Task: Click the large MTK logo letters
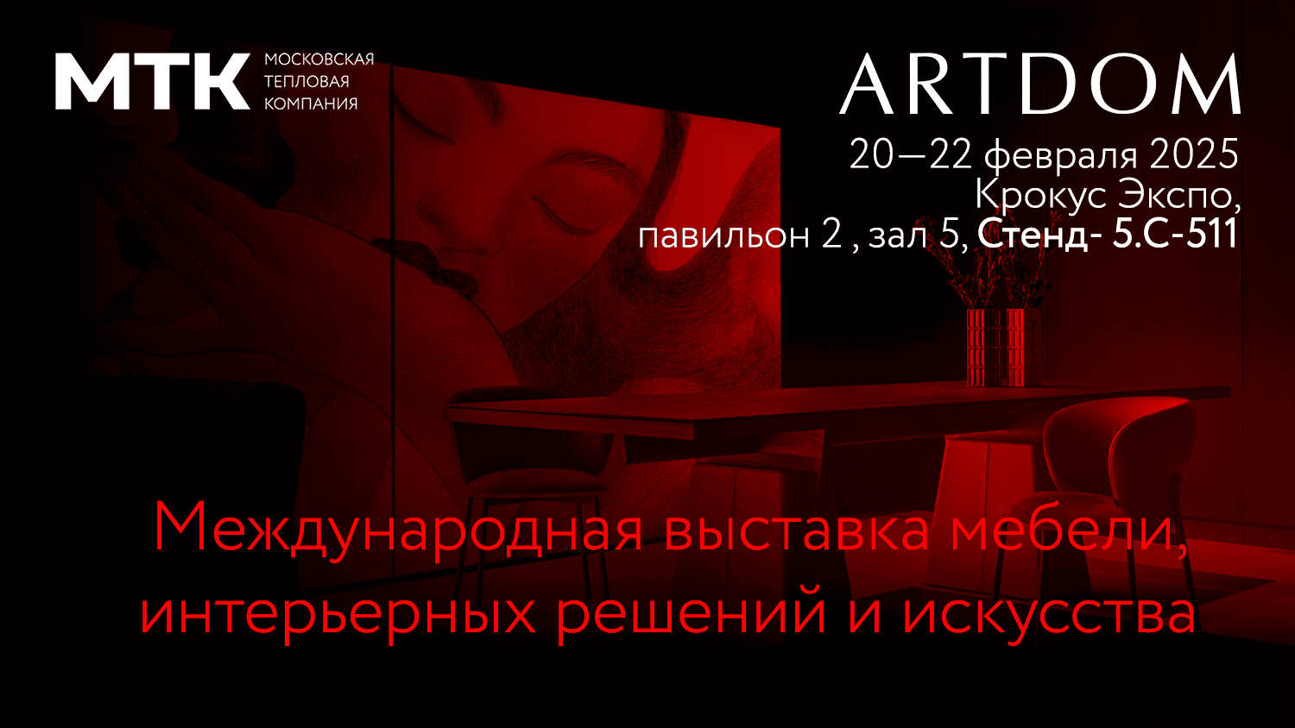click(x=153, y=81)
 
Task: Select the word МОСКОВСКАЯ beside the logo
click(x=319, y=60)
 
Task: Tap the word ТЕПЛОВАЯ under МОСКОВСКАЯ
click(x=306, y=81)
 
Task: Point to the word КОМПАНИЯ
click(x=311, y=104)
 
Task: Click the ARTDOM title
click(x=1040, y=85)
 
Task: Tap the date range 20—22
click(x=911, y=154)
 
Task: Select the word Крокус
click(x=1040, y=196)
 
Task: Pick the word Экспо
click(x=1178, y=195)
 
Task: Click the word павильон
click(x=723, y=235)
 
